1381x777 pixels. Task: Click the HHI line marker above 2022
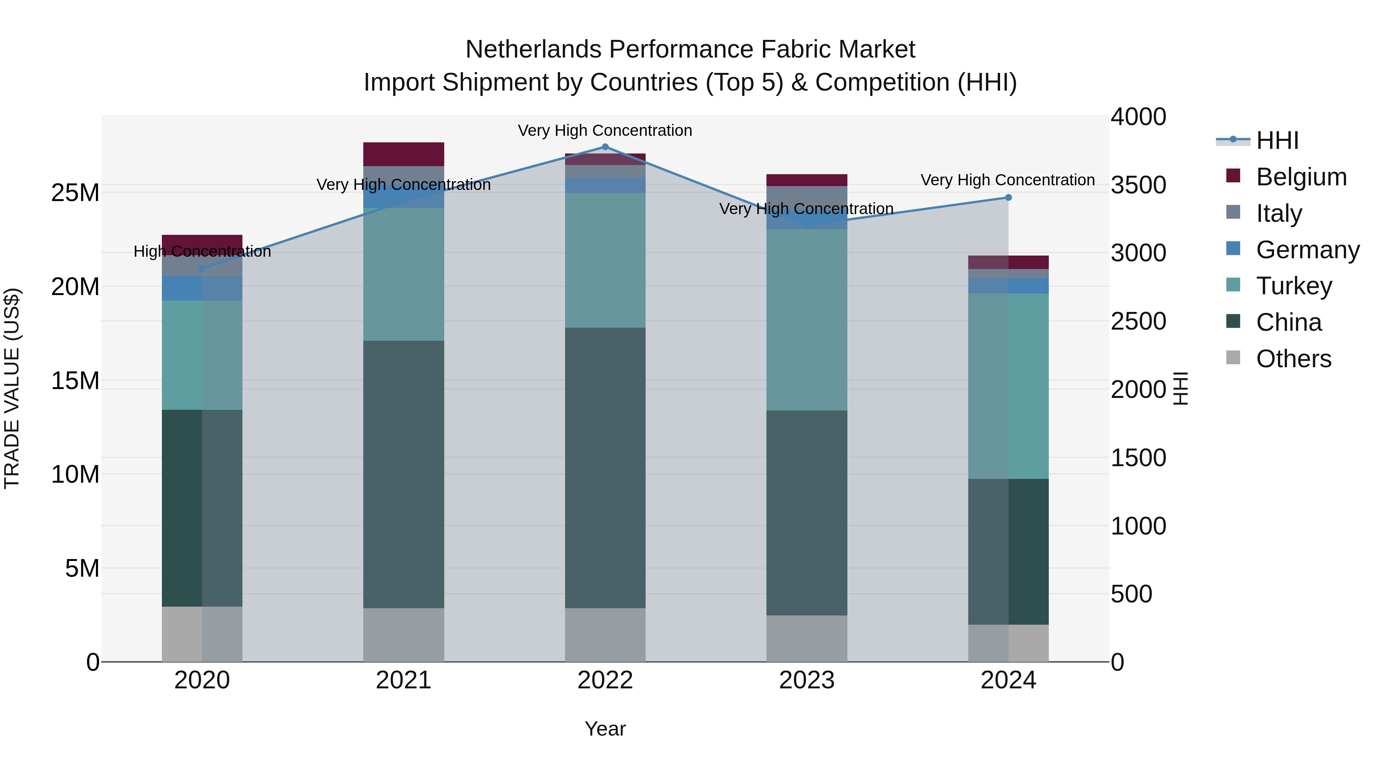pos(605,147)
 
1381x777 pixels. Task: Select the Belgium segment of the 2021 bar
pos(403,154)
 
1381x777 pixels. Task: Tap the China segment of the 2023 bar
pos(806,513)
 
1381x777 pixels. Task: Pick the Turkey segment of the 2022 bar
pos(605,260)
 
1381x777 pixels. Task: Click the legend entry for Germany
pos(1307,250)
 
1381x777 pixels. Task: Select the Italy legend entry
pos(1279,213)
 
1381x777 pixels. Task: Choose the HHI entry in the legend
pos(1277,140)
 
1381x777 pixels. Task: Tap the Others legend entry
pos(1293,359)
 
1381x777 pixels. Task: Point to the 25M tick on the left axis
pos(75,193)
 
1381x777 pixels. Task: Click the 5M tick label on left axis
pos(82,568)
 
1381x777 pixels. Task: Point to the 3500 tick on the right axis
pos(1138,185)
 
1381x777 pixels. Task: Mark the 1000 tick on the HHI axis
pos(1138,526)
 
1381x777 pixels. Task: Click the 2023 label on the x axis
pos(806,680)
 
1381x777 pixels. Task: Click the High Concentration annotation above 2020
pos(202,251)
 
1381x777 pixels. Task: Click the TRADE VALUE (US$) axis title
pos(12,388)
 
